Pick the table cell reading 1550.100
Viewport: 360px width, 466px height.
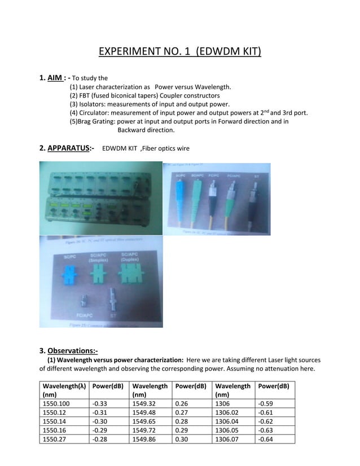pyautogui.click(x=56, y=403)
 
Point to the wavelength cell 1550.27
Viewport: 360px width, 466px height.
pyautogui.click(x=54, y=439)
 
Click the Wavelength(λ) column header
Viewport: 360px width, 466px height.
pyautogui.click(x=62, y=386)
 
